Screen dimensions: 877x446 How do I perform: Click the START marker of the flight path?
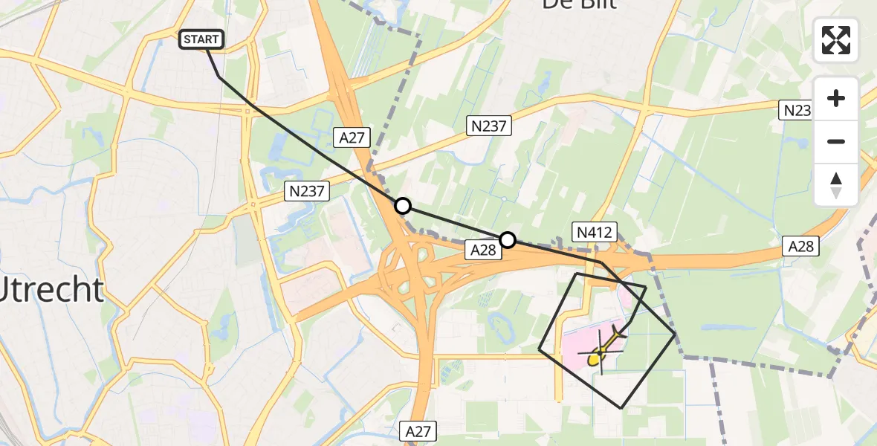click(x=201, y=39)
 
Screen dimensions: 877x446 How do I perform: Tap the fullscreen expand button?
click(x=836, y=40)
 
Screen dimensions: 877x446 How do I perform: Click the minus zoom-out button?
click(x=836, y=141)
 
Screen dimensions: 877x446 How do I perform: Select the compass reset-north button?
click(x=836, y=185)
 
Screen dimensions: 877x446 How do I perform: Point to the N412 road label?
click(x=593, y=232)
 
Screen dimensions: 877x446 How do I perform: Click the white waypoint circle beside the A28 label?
click(x=508, y=239)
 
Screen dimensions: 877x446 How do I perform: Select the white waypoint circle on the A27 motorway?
click(x=402, y=206)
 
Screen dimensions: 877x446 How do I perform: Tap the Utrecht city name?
click(x=51, y=290)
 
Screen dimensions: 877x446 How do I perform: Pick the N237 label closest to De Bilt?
click(x=488, y=126)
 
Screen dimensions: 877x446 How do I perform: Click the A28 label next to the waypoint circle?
click(x=482, y=251)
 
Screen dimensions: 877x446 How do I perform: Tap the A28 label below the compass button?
click(x=801, y=247)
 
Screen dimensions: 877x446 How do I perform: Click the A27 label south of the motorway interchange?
click(x=420, y=430)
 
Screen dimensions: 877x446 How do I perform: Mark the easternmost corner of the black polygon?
click(x=675, y=334)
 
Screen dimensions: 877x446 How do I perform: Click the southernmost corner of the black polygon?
click(x=621, y=408)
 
